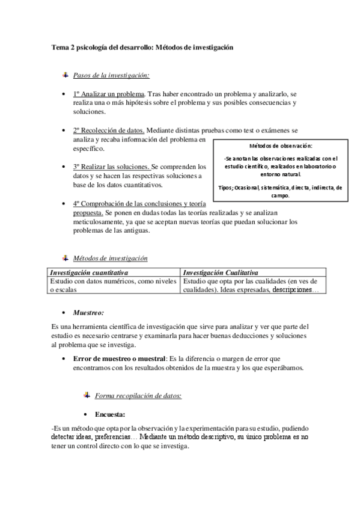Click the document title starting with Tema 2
142,46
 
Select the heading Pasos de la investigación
111,75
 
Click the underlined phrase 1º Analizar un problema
109,94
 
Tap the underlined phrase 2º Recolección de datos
108,131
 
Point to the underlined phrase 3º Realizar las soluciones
111,166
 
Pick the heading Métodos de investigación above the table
110,258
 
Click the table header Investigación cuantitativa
88,272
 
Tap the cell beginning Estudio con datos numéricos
113,281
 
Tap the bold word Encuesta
110,414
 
